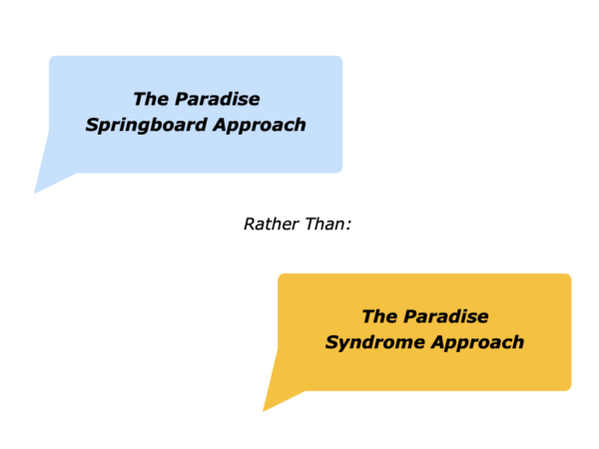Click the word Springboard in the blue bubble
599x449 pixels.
[x=147, y=126]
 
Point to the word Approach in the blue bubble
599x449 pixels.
[x=260, y=126]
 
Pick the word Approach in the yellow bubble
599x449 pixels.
[x=477, y=343]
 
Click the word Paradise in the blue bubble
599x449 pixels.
[x=218, y=99]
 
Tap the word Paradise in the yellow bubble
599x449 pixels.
[x=446, y=316]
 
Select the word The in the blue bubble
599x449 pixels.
[x=151, y=99]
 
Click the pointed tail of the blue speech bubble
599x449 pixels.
[x=35, y=192]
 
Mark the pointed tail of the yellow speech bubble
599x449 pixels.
[x=264, y=410]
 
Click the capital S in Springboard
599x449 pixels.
[x=93, y=125]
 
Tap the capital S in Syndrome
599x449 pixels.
[x=332, y=341]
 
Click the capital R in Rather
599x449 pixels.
[x=251, y=224]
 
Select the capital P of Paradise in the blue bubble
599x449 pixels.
[x=182, y=99]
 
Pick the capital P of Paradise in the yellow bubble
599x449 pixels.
[x=410, y=316]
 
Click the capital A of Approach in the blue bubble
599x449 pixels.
[x=222, y=125]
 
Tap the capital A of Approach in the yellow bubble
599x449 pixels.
[x=438, y=341]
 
